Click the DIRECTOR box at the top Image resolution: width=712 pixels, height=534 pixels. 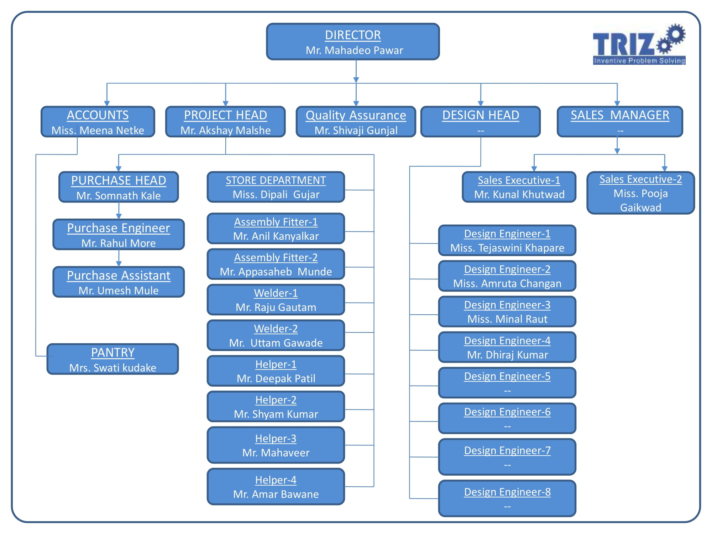pyautogui.click(x=353, y=42)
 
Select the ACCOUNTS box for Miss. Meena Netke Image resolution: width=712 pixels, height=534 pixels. pyautogui.click(x=98, y=122)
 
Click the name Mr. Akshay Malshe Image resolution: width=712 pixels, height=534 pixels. pyautogui.click(x=225, y=130)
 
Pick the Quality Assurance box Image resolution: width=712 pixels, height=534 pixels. pyautogui.click(x=356, y=122)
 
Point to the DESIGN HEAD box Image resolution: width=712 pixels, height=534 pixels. pyautogui.click(x=481, y=122)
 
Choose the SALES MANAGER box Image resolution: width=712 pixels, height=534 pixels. pyautogui.click(x=620, y=122)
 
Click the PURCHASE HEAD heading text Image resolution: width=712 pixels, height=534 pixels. pyautogui.click(x=119, y=180)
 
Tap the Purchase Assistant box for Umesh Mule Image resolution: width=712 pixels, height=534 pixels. pyautogui.click(x=119, y=282)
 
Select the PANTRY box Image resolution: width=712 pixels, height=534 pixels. pyautogui.click(x=113, y=359)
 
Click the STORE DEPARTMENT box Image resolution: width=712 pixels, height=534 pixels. pyautogui.click(x=276, y=187)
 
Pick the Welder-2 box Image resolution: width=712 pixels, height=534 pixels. pyautogui.click(x=276, y=335)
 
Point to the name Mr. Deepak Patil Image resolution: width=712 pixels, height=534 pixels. pyautogui.click(x=276, y=378)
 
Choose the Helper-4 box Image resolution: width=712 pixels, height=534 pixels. pyautogui.click(x=276, y=487)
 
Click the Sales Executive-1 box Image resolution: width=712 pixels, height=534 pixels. pyautogui.click(x=519, y=187)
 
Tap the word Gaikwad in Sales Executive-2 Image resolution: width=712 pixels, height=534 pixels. pyautogui.click(x=640, y=208)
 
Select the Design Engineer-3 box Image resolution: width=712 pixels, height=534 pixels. pyautogui.click(x=507, y=311)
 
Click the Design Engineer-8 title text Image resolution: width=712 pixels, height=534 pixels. pyautogui.click(x=507, y=492)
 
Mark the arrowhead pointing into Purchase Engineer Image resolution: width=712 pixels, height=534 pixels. pyautogui.click(x=119, y=216)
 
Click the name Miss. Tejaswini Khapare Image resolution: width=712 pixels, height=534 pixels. pyautogui.click(x=507, y=248)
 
